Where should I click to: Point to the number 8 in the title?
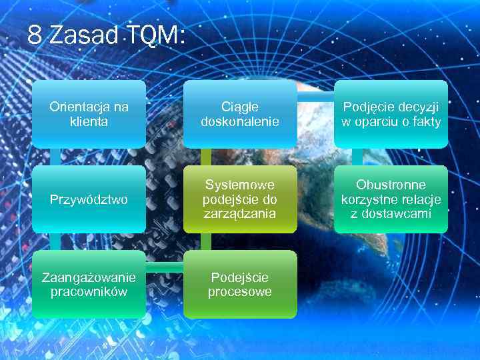[35, 36]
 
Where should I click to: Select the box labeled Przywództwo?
[89, 199]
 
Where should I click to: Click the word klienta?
[89, 122]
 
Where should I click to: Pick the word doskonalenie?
[240, 122]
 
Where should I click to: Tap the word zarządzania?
[240, 214]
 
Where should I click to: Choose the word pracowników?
[89, 292]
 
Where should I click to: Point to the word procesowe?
[240, 292]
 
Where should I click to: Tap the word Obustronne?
[391, 185]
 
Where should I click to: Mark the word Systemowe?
[240, 185]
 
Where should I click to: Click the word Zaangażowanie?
[89, 277]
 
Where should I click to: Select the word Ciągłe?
[240, 107]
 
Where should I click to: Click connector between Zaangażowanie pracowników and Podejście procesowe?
[165, 266]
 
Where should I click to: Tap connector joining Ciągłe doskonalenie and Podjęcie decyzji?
[315, 97]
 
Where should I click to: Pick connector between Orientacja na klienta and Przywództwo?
[55, 157]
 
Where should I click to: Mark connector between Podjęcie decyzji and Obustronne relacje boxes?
[357, 157]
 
